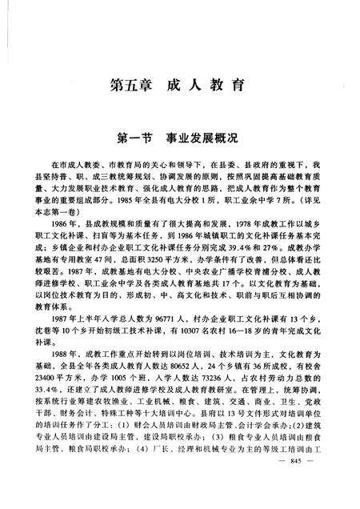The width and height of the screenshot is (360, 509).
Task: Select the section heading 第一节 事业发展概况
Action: coord(179,137)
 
